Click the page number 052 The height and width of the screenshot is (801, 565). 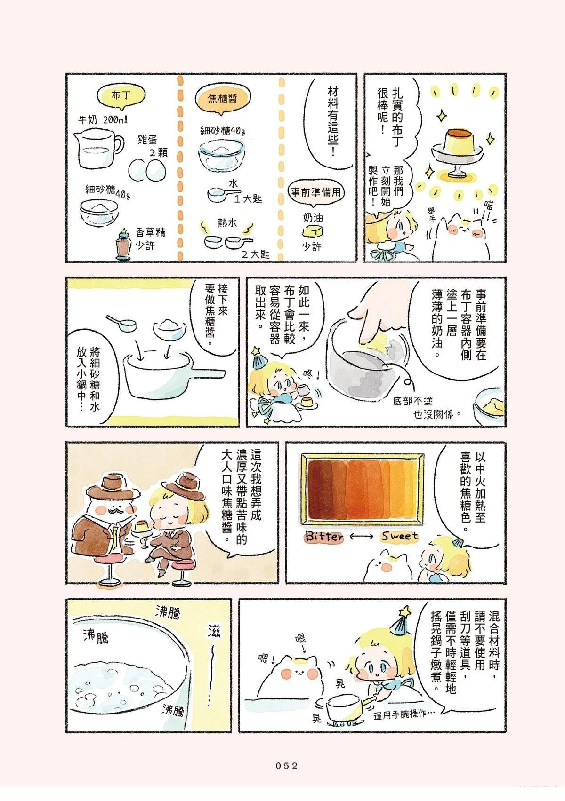(x=286, y=765)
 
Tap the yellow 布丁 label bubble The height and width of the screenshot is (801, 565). (x=121, y=96)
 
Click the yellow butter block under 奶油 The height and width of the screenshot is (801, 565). (x=313, y=230)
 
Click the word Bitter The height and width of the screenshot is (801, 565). (x=323, y=536)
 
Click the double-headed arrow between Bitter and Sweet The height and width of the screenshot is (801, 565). (x=362, y=536)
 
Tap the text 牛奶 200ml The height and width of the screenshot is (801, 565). (x=103, y=119)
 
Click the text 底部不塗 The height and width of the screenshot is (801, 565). (x=412, y=401)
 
